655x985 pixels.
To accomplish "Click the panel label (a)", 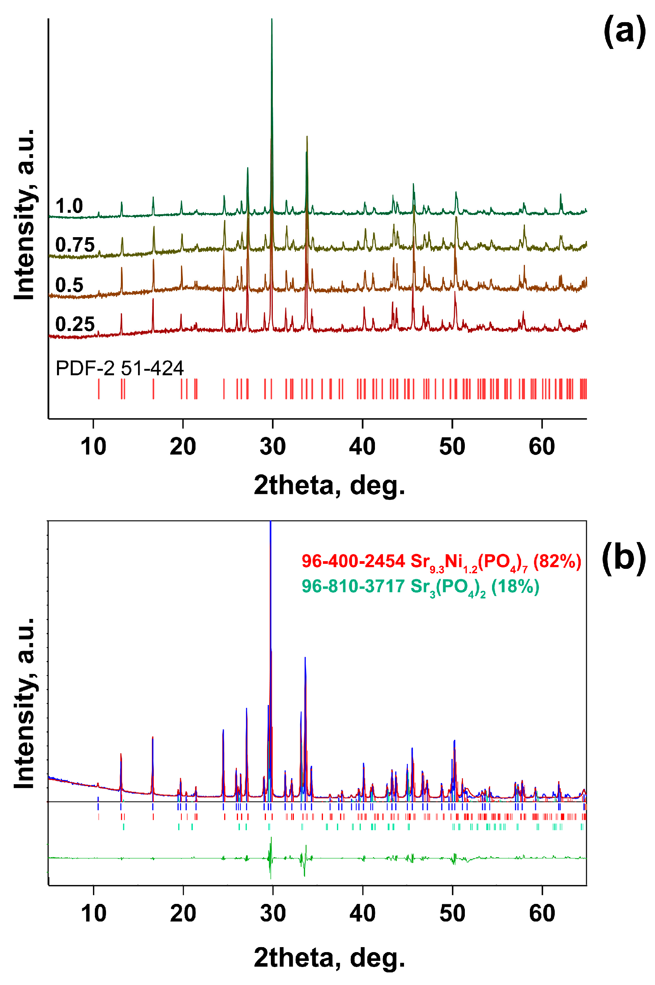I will pyautogui.click(x=624, y=31).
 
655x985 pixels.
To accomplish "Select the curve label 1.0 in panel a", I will pyautogui.click(x=69, y=206).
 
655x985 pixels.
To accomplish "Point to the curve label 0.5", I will pyautogui.click(x=69, y=285).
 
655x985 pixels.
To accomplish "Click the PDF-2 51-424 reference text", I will pyautogui.click(x=119, y=368).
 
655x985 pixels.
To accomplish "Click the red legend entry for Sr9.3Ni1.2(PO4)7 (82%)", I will pyautogui.click(x=441, y=562).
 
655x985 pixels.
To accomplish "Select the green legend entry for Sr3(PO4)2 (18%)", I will pyautogui.click(x=420, y=587).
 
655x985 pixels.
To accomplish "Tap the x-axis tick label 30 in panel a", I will pyautogui.click(x=272, y=447).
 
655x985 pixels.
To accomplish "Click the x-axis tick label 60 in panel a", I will pyautogui.click(x=542, y=447).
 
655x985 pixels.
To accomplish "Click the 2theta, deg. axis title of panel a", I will pyautogui.click(x=329, y=485).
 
